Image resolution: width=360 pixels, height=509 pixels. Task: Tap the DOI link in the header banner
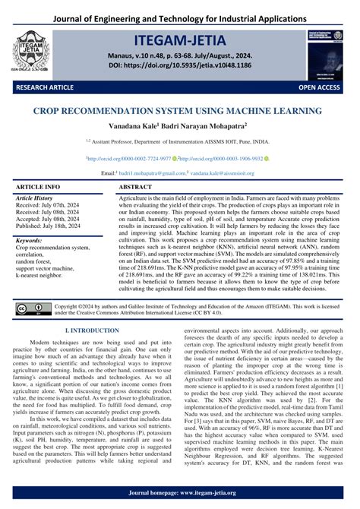[x=180, y=66]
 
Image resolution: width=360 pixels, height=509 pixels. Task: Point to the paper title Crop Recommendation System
[x=180, y=110]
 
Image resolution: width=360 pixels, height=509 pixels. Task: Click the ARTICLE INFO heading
[x=38, y=186]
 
